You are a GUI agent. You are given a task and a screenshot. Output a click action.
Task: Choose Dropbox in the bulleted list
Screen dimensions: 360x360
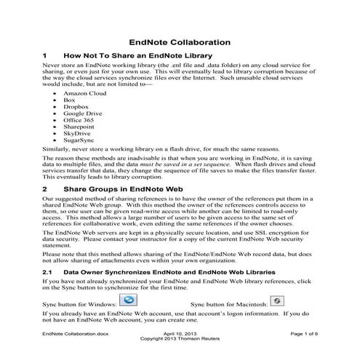tap(76, 110)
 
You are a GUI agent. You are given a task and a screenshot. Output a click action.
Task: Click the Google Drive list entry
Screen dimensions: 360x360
tap(81, 118)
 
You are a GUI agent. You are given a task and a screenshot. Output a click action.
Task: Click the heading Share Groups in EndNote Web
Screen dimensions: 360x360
tap(124, 188)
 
